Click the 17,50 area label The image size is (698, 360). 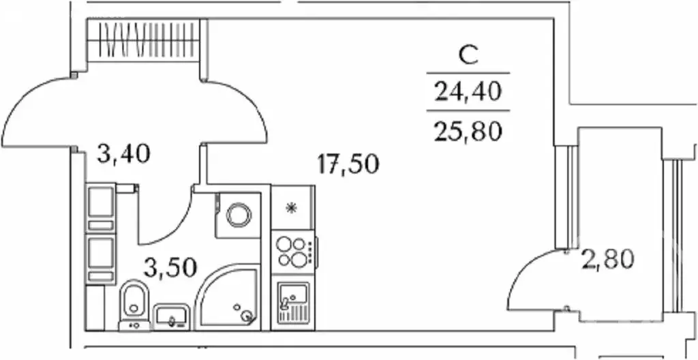[348, 164]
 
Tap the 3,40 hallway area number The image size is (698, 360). [124, 153]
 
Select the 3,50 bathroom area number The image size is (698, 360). [170, 268]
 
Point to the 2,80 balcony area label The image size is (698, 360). [607, 260]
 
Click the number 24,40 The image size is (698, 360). [468, 92]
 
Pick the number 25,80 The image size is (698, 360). [468, 131]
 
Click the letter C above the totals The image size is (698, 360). [468, 57]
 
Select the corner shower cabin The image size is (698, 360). [228, 297]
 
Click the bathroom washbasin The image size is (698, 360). [172, 317]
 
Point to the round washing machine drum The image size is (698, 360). [239, 215]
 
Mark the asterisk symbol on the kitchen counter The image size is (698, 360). [291, 208]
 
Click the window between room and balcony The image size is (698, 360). [566, 196]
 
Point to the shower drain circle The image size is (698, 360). [246, 316]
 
